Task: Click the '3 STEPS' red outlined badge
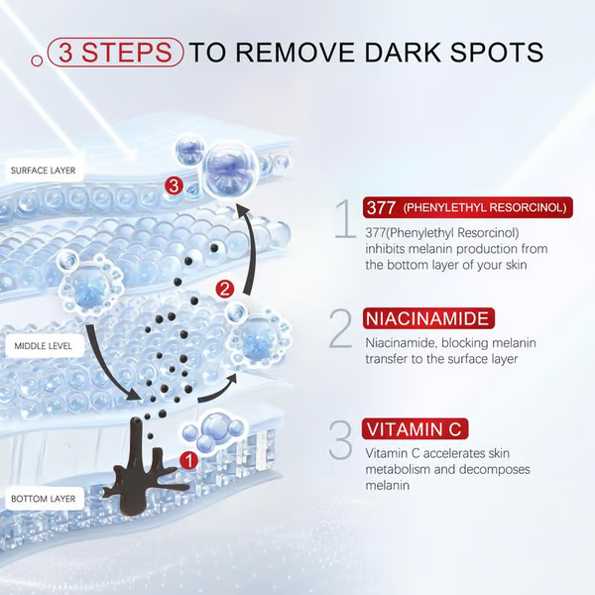coord(115,52)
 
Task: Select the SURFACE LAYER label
coord(44,171)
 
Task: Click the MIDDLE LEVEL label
coord(44,346)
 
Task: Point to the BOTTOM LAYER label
coord(44,498)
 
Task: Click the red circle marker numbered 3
coord(174,186)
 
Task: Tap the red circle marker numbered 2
coord(225,290)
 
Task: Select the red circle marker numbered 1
coord(188,461)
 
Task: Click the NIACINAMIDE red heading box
coord(428,318)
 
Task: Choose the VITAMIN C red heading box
coord(415,429)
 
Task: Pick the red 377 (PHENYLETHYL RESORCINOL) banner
coord(467,207)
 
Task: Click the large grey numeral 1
coord(345,219)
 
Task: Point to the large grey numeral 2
coord(340,328)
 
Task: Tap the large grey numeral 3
coord(340,439)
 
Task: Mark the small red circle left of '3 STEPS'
coord(37,60)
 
